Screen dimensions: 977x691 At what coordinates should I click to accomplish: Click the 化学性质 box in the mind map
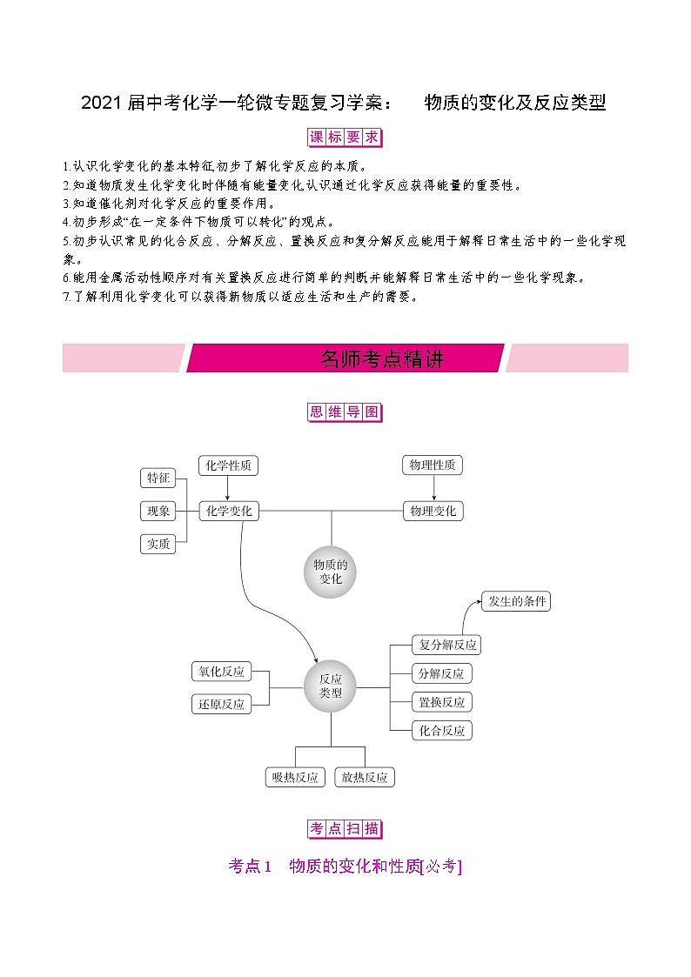[x=228, y=465]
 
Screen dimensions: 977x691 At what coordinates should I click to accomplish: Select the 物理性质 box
[x=433, y=465]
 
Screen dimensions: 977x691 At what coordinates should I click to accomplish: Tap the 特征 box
[x=158, y=478]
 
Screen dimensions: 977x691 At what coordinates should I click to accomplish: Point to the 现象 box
[x=158, y=511]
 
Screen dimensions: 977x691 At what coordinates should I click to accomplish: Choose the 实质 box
[x=158, y=544]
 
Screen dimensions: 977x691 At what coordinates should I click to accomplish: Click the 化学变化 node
[x=229, y=512]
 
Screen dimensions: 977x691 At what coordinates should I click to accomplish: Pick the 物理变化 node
[x=433, y=512]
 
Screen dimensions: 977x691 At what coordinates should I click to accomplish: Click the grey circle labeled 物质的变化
[x=331, y=572]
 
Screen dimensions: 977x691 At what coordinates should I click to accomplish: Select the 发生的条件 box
[x=517, y=601]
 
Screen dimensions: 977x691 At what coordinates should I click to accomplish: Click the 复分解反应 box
[x=446, y=645]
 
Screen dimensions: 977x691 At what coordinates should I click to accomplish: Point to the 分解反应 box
[x=441, y=673]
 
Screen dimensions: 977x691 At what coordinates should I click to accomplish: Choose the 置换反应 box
[x=442, y=702]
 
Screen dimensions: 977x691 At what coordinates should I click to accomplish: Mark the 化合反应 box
[x=442, y=731]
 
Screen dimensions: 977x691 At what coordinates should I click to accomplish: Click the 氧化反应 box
[x=221, y=672]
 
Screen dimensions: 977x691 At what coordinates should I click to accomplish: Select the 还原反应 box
[x=221, y=704]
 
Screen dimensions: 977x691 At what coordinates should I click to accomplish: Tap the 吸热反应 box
[x=294, y=777]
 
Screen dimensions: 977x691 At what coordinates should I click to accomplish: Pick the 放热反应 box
[x=365, y=777]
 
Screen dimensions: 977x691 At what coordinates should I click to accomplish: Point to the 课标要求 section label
[x=345, y=137]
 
